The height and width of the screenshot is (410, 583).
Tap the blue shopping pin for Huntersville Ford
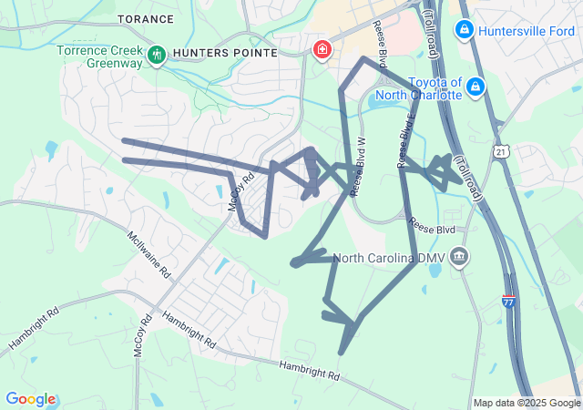pos(464,30)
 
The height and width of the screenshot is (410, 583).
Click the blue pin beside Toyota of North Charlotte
pos(476,87)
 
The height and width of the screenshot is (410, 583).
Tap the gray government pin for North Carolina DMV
pos(460,258)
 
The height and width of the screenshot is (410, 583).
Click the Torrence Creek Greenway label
pos(100,57)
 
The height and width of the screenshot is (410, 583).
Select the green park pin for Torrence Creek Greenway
pos(156,54)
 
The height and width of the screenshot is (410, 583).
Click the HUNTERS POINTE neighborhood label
pos(225,53)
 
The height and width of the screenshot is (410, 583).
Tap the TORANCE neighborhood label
pos(145,18)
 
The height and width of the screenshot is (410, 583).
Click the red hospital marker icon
pos(322,49)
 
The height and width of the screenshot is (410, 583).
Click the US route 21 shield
pos(502,151)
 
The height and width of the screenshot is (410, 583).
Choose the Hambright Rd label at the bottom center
pos(310,369)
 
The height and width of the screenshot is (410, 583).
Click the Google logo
pos(31,399)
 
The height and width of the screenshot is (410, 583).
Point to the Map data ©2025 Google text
pos(526,403)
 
